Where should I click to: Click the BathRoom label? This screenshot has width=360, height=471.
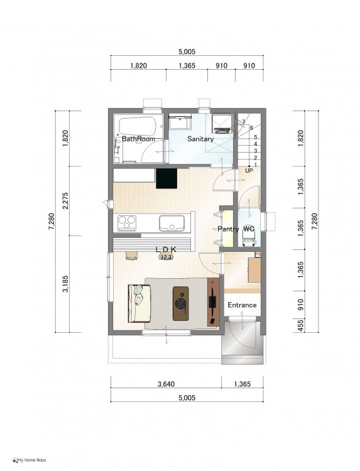coord(138,139)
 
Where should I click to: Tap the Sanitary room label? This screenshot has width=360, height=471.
coord(200,139)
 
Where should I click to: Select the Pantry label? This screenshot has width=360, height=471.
coord(229,229)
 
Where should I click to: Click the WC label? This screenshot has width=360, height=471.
coord(249,229)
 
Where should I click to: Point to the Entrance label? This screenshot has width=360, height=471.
coord(242,305)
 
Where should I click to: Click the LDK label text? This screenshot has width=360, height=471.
coord(166,249)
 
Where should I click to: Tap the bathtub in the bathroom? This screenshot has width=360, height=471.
coord(138,126)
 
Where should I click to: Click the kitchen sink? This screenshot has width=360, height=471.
coord(172,223)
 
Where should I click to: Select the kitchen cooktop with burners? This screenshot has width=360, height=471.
coord(127,223)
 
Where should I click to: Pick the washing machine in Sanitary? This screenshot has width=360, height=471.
coord(222,123)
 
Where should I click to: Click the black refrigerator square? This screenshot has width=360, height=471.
coord(166,178)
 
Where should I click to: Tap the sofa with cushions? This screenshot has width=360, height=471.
coord(139,303)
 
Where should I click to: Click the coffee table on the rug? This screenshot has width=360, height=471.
coord(180,303)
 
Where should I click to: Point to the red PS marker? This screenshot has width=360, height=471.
coord(258,254)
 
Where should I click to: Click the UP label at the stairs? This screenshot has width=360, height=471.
coord(249,171)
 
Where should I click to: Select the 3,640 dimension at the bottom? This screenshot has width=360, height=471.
coord(166,384)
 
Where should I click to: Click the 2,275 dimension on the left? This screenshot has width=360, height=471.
coord(66,201)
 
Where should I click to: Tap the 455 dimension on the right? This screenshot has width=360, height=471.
coord(300,325)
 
